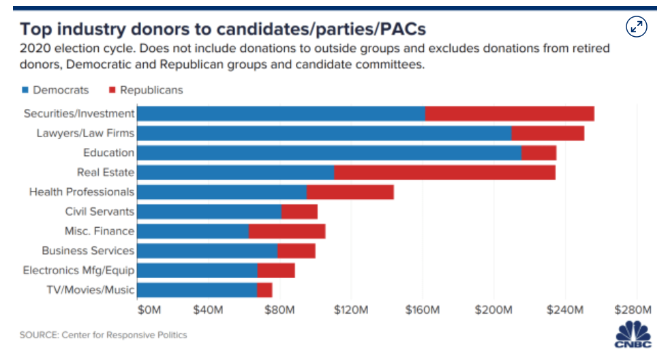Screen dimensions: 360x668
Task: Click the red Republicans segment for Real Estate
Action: (x=444, y=172)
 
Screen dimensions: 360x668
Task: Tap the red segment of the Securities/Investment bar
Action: (x=509, y=114)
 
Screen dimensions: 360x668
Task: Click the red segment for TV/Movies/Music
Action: (x=264, y=290)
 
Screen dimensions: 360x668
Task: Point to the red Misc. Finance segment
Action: (x=287, y=231)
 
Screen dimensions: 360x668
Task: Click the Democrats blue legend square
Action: (x=26, y=90)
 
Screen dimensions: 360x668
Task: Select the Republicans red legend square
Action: (x=112, y=90)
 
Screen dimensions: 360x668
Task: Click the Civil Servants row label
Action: (x=100, y=212)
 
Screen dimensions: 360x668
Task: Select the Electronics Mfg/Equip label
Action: (x=78, y=271)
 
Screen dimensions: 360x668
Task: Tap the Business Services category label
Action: (x=88, y=251)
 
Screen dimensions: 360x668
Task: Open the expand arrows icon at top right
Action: (x=636, y=27)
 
